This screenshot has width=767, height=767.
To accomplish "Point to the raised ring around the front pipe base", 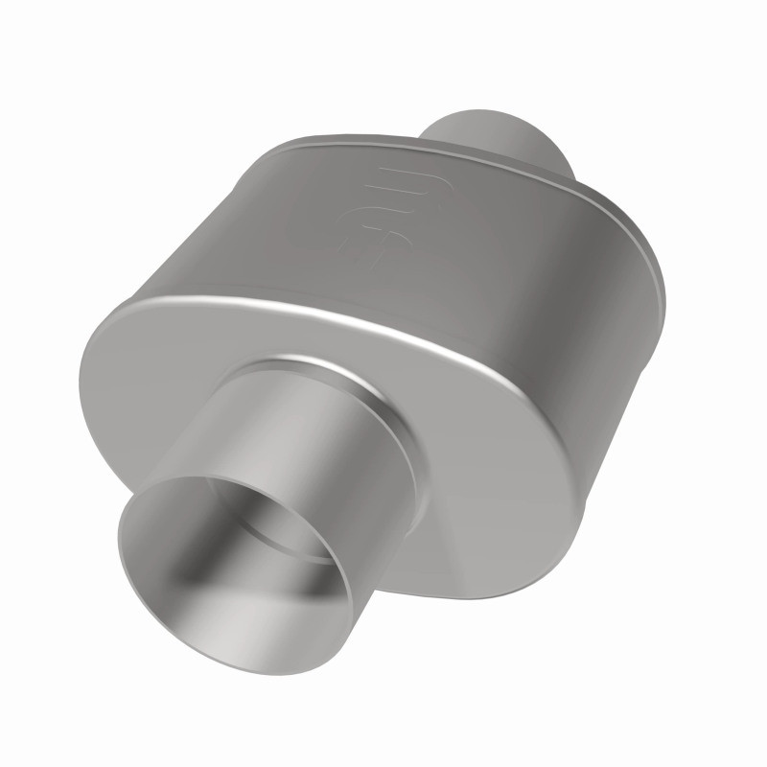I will tap(383, 403).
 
